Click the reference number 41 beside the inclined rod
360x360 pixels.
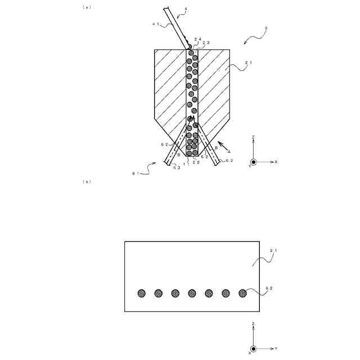coord(156,24)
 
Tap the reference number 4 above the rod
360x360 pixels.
coord(186,8)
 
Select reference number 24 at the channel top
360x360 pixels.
coord(197,39)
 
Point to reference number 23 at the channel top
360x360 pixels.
coord(207,43)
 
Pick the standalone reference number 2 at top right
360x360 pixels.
coord(265,28)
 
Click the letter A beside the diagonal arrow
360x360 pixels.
coord(229,151)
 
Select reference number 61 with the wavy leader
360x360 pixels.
coord(134,174)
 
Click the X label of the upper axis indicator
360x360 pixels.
coord(276,161)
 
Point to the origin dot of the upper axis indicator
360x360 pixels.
coord(254,161)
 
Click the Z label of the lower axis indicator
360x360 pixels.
coord(254,325)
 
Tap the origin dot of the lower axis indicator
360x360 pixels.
coord(254,349)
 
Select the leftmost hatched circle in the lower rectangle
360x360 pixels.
coord(142,293)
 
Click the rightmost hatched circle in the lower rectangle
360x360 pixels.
coord(243,293)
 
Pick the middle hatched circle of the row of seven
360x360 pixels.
coord(192,293)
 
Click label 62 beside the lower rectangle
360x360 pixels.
coord(269,289)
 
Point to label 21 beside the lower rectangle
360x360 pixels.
coord(273,250)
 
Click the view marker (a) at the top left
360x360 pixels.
coord(87,7)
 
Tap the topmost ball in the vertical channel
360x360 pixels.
coord(192,52)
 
